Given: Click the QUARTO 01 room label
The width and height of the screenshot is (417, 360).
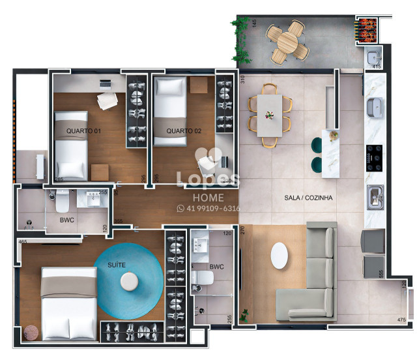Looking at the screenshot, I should [x=84, y=131].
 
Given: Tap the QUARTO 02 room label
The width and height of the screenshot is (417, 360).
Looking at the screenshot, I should [x=184, y=131].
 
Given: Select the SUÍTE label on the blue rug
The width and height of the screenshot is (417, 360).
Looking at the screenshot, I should [x=117, y=265].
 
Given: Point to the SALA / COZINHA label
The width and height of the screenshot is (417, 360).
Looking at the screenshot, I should [x=309, y=198].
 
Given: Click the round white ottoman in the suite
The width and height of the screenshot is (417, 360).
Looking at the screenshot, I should [x=129, y=281].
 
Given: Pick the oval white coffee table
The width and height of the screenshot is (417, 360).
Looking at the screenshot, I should [x=280, y=256].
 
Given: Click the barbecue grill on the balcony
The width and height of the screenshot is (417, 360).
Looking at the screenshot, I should [x=366, y=27].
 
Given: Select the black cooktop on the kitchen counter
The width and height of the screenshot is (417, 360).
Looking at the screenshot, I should [x=375, y=157].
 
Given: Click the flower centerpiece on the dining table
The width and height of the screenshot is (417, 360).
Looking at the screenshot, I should [x=269, y=114].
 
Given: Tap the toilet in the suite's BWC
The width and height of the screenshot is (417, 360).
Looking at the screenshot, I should [x=203, y=278].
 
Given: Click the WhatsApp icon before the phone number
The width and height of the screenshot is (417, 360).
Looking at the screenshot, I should [x=180, y=209].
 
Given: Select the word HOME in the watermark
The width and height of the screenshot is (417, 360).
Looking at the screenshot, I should [x=208, y=197].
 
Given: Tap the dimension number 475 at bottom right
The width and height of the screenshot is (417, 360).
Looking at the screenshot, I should [x=402, y=319].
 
